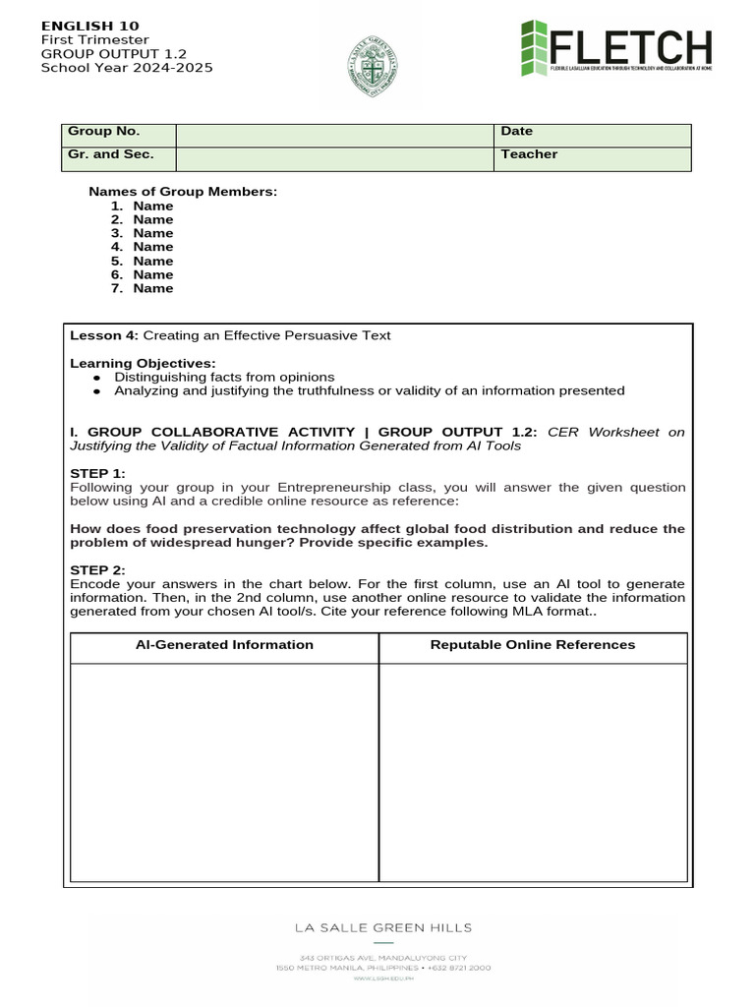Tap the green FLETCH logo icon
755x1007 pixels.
[535, 49]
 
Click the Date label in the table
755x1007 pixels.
[516, 132]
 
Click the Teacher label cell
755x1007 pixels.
[529, 154]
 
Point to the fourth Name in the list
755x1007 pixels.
[152, 247]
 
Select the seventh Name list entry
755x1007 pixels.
[152, 288]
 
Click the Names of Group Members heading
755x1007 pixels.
[183, 192]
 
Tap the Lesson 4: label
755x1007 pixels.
[104, 335]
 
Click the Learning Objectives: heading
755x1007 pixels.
[143, 363]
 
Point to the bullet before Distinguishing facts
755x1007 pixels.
[96, 378]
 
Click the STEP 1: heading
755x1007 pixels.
[97, 473]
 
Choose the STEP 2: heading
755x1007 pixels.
[97, 569]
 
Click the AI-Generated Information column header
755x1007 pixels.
[224, 645]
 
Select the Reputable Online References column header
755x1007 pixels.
[533, 645]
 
